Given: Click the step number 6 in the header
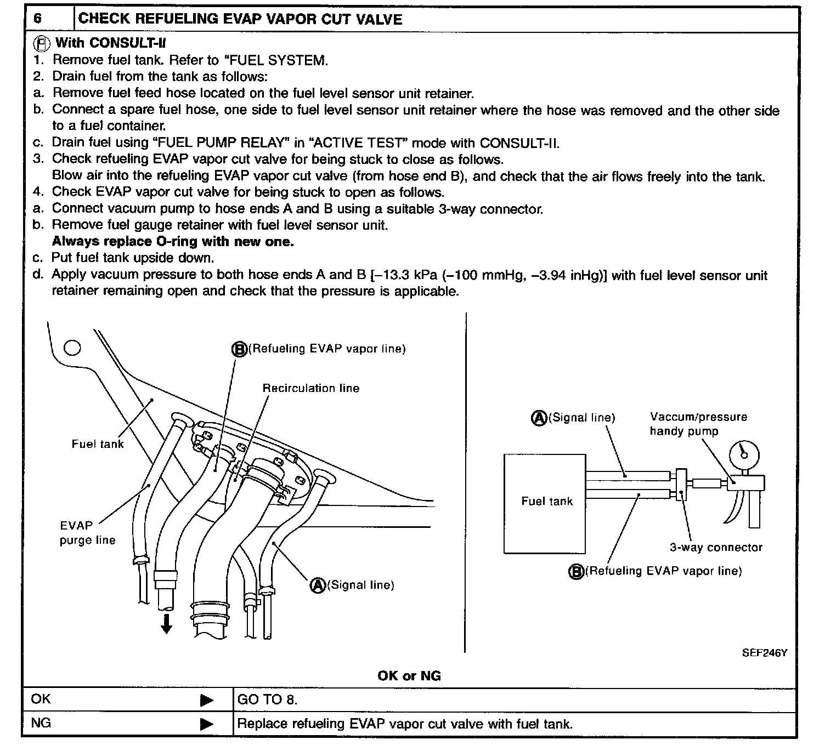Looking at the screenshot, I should [37, 18].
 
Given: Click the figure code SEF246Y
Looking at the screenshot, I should [764, 653].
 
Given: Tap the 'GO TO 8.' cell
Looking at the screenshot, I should [267, 699].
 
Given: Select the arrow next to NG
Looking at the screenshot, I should [206, 724].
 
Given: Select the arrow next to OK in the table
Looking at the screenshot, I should [206, 700].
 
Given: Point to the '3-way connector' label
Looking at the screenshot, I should [716, 547].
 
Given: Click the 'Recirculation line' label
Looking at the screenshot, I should [310, 388].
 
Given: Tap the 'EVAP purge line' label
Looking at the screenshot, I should [87, 533].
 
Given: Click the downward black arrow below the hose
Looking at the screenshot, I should [166, 623].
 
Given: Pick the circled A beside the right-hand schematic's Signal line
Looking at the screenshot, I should [539, 418].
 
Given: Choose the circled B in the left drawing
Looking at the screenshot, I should [239, 349].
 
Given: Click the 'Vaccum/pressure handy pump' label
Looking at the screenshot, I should [698, 424].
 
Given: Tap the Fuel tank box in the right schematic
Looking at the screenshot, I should [545, 502].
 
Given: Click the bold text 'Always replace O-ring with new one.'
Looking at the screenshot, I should [173, 242].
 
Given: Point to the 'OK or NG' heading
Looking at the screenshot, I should [409, 676].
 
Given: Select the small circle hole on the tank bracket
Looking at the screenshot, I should [72, 348].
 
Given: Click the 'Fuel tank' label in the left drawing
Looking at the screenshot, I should [98, 444].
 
